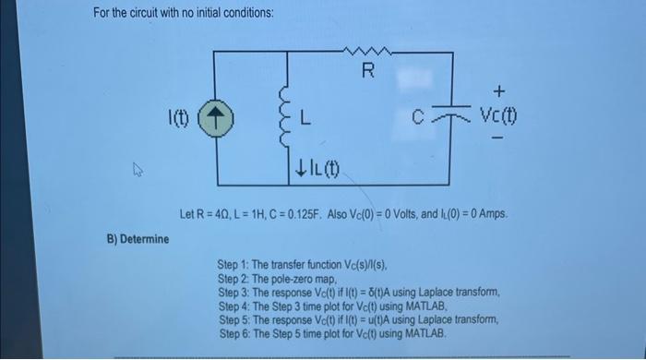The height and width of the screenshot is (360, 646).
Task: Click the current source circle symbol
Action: pyautogui.click(x=216, y=120)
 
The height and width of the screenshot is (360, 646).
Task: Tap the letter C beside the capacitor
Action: pyautogui.click(x=418, y=119)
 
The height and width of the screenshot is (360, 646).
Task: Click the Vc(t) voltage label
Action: pyautogui.click(x=498, y=118)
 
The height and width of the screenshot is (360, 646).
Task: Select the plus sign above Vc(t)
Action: pyautogui.click(x=499, y=91)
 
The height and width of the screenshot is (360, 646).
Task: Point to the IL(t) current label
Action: pyautogui.click(x=317, y=171)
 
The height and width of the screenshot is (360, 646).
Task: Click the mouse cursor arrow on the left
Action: pyautogui.click(x=138, y=169)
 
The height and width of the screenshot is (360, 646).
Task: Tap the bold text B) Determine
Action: pyautogui.click(x=138, y=240)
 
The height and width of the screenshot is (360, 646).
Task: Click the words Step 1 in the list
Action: pyautogui.click(x=234, y=264)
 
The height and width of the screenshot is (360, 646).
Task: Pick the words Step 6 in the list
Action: pyautogui.click(x=234, y=331)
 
